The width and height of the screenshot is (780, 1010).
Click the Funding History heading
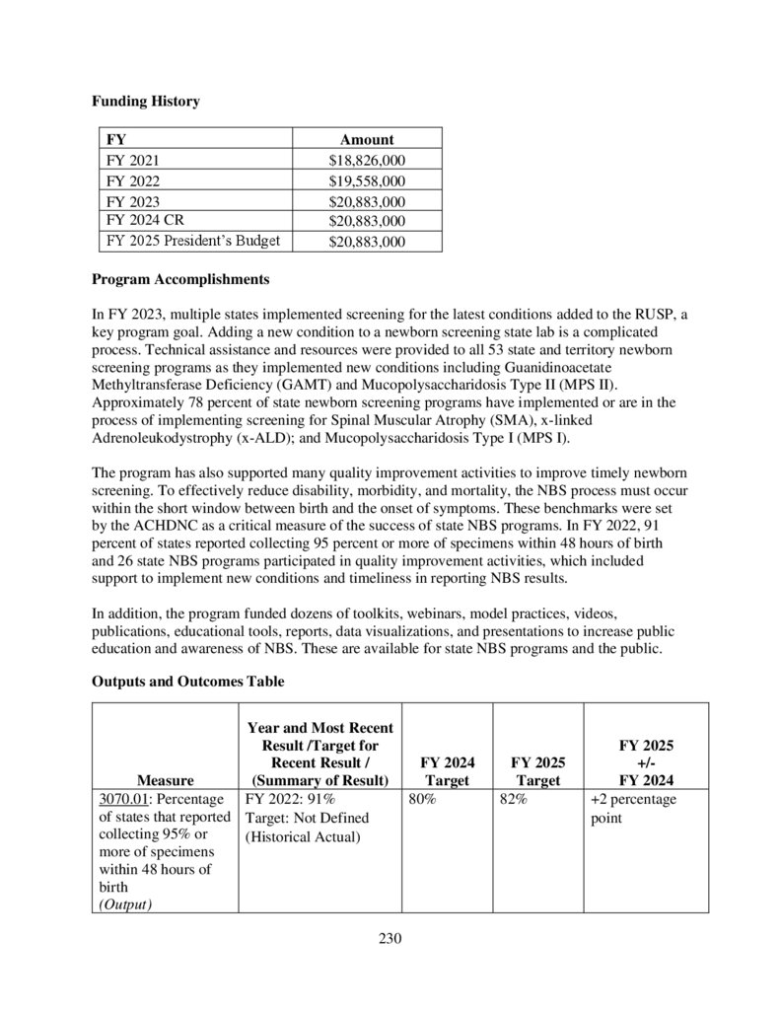pos(145,101)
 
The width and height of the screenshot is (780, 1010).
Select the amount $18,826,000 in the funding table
pos(367,160)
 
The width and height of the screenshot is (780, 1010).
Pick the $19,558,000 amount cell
pos(367,180)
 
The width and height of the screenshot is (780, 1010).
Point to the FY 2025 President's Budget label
pos(193,241)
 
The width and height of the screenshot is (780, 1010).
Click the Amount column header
pos(367,140)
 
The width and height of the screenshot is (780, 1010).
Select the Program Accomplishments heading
pos(179,279)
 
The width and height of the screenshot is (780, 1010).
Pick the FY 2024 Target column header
pos(447,771)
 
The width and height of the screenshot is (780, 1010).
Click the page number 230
pos(390,938)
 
